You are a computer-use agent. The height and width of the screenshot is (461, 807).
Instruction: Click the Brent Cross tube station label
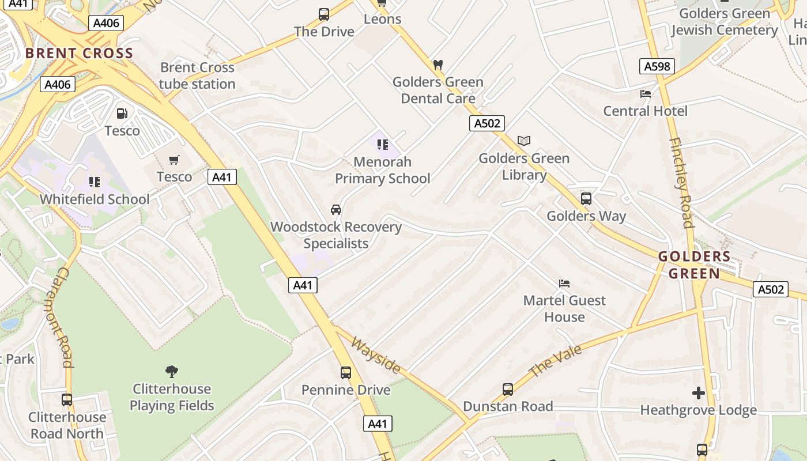pyautogui.click(x=197, y=75)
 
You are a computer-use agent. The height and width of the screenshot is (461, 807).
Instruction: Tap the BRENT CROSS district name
pyautogui.click(x=79, y=54)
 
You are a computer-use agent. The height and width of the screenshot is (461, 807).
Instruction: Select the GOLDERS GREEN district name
pyautogui.click(x=694, y=265)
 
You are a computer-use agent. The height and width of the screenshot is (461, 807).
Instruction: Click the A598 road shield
pyautogui.click(x=657, y=66)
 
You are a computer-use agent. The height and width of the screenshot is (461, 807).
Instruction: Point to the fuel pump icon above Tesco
pyautogui.click(x=122, y=114)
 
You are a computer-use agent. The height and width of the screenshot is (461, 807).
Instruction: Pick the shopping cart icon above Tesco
pyautogui.click(x=174, y=160)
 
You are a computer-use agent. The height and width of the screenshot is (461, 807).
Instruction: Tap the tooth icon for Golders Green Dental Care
pyautogui.click(x=438, y=65)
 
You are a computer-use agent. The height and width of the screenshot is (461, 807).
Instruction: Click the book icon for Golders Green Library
pyautogui.click(x=523, y=141)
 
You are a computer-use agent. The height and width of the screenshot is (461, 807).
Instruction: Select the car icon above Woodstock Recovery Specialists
pyautogui.click(x=336, y=209)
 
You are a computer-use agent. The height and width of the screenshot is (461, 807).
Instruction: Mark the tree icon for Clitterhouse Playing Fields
pyautogui.click(x=171, y=371)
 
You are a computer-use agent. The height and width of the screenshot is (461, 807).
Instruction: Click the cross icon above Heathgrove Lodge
pyautogui.click(x=699, y=393)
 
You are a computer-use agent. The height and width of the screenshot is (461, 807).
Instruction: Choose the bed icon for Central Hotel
pyautogui.click(x=646, y=93)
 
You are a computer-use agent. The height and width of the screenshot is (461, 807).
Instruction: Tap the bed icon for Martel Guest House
pyautogui.click(x=564, y=283)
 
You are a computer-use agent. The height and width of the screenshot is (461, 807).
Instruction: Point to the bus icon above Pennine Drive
pyautogui.click(x=346, y=373)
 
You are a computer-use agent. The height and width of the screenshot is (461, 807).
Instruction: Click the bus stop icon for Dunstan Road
pyautogui.click(x=507, y=389)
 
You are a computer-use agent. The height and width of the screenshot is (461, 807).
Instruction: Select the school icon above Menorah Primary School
pyautogui.click(x=383, y=144)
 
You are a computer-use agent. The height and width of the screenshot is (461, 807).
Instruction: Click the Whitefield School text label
pyautogui.click(x=95, y=199)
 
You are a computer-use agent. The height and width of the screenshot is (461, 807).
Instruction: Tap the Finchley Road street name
pyautogui.click(x=681, y=183)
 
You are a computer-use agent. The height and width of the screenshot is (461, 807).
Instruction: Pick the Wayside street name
pyautogui.click(x=375, y=355)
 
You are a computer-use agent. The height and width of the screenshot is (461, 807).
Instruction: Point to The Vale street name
pyautogui.click(x=555, y=360)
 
